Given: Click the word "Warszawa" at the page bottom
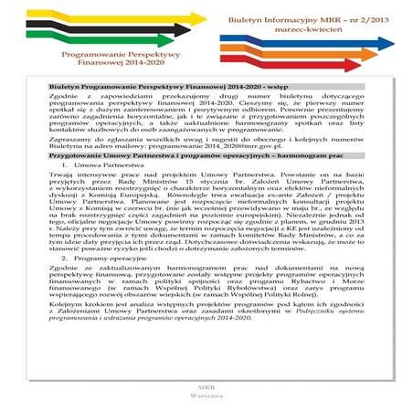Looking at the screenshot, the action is click(207, 399).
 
